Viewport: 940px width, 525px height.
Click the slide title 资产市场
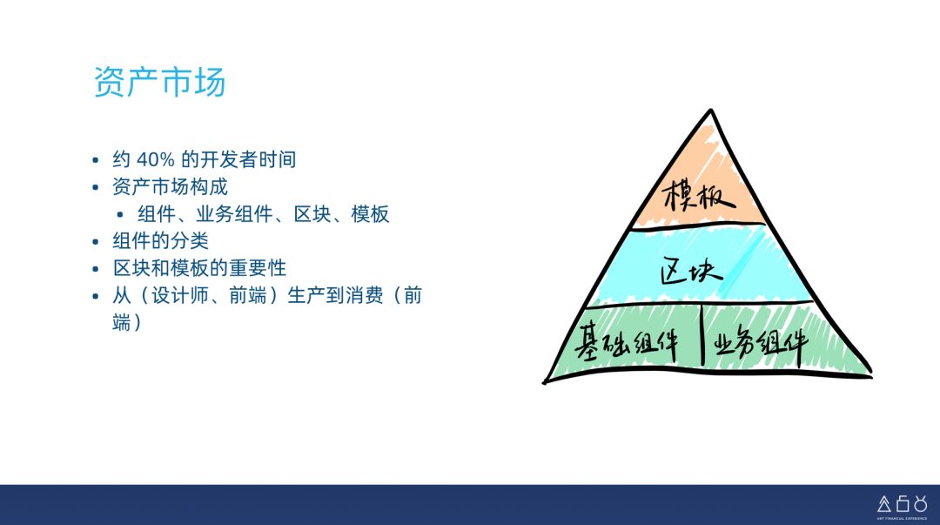coord(159,82)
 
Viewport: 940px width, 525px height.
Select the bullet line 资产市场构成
coord(170,187)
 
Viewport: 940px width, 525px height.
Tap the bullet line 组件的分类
coord(160,241)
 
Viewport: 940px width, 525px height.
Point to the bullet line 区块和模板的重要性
coord(198,268)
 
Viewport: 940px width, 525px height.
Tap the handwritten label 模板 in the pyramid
coord(698,196)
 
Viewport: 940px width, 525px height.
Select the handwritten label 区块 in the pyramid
coord(692,271)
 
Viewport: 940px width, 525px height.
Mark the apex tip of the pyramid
coord(711,111)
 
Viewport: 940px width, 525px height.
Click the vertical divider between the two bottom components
coord(702,335)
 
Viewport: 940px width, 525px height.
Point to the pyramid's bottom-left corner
coord(545,380)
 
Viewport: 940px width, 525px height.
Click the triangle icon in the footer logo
coord(883,503)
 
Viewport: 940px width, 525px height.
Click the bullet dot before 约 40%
coord(97,161)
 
